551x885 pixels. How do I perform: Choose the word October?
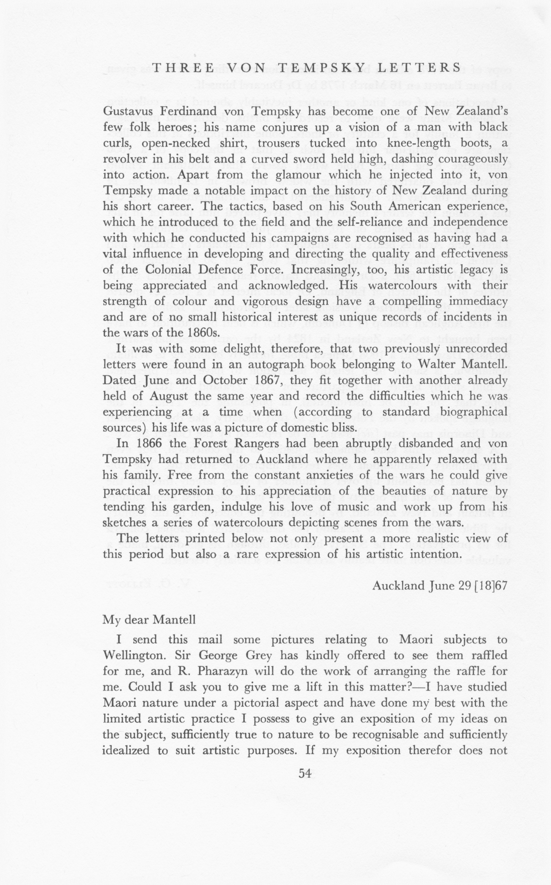click(x=225, y=380)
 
